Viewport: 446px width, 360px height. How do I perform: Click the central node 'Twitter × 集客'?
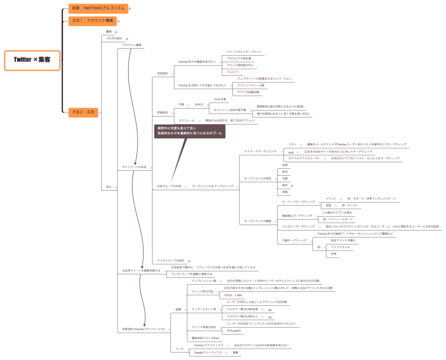pyautogui.click(x=32, y=60)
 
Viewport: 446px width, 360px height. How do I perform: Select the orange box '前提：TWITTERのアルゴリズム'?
pyautogui.click(x=98, y=8)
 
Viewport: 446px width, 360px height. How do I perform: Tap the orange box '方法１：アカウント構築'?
pyautogui.click(x=92, y=21)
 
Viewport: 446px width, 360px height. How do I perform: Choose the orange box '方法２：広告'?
pyautogui.click(x=83, y=112)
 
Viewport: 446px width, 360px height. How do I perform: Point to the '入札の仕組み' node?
pyautogui.click(x=114, y=38)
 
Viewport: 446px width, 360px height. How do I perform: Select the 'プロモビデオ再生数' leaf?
pyautogui.click(x=239, y=58)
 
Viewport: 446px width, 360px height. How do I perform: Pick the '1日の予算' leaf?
pyautogui.click(x=220, y=99)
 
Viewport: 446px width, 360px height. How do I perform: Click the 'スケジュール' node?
pyautogui.click(x=187, y=120)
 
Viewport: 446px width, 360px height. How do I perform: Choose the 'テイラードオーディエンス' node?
pyautogui.click(x=260, y=151)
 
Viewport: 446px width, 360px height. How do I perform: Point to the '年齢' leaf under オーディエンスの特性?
pyautogui.click(x=285, y=178)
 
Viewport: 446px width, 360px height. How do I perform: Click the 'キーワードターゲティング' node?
pyautogui.click(x=298, y=202)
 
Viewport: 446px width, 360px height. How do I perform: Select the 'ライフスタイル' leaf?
pyautogui.click(x=341, y=247)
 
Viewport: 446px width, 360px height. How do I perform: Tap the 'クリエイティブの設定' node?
pyautogui.click(x=170, y=260)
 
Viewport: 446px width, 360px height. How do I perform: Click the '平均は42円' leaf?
pyautogui.click(x=234, y=331)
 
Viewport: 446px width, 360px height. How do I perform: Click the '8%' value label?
pyautogui.click(x=270, y=310)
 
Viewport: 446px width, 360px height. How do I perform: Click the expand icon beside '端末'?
pyautogui.click(x=292, y=185)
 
